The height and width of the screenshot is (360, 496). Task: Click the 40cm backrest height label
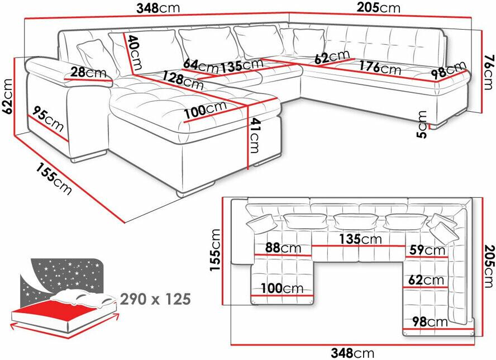coord(134,52)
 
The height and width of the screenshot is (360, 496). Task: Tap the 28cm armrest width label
coord(88,73)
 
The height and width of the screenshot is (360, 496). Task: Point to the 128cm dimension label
coord(183,80)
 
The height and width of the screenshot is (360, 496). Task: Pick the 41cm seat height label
coord(254,135)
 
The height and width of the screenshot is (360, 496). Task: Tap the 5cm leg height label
coord(422,125)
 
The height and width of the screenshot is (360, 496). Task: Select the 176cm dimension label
coord(380,68)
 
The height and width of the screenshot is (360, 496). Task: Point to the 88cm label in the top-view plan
coord(283,248)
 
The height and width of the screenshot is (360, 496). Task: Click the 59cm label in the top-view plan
coord(427,250)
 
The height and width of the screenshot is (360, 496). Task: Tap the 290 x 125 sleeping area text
coord(155,299)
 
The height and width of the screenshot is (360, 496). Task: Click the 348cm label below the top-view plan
coord(352,352)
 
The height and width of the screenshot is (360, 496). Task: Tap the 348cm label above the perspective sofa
coord(158,8)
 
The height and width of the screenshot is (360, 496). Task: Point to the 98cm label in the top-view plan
coord(430,322)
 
